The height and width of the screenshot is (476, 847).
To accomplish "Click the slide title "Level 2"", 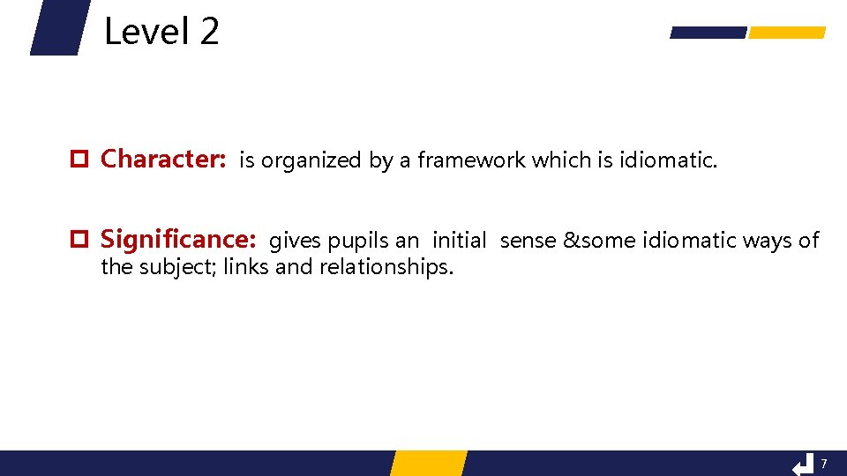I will [x=161, y=33].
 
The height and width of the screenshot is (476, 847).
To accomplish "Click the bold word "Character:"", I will [x=164, y=160].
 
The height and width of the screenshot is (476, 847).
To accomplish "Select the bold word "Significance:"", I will [x=178, y=240].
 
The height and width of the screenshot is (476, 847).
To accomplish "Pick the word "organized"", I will [x=311, y=160].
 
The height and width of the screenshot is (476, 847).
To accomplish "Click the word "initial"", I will [x=459, y=241].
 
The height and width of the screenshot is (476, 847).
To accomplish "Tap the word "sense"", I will [x=528, y=241].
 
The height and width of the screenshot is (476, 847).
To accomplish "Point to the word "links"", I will [x=246, y=267].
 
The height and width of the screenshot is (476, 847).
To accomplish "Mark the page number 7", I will [x=824, y=464].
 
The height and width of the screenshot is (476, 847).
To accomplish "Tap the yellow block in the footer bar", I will [x=428, y=464].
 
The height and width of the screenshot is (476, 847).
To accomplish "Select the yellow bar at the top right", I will [x=786, y=33].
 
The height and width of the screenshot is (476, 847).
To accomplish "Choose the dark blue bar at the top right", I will [x=708, y=33].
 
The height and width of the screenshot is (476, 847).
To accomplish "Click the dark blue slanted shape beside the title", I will [x=61, y=27].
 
